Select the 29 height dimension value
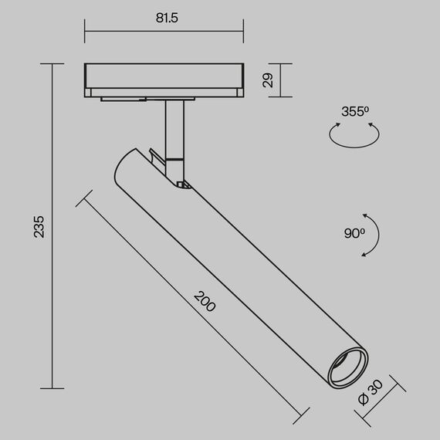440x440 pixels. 267,80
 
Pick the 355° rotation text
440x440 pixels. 354,111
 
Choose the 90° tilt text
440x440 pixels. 354,232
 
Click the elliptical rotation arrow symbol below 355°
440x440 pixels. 354,136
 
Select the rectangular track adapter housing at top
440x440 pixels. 163,80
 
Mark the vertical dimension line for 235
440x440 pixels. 52,226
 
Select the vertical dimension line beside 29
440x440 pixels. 280,80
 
